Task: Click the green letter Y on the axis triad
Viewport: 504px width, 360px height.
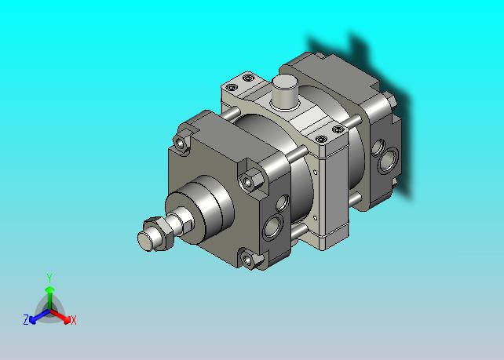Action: [x=49, y=278]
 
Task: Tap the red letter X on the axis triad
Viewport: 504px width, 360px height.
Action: [x=74, y=320]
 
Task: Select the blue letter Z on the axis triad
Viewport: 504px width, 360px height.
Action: [x=26, y=320]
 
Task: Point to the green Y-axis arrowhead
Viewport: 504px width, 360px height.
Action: [x=49, y=290]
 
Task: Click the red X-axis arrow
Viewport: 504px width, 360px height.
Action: [x=60, y=315]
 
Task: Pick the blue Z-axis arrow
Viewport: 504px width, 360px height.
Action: [x=39, y=316]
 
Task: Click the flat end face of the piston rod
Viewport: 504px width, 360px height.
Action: [x=145, y=241]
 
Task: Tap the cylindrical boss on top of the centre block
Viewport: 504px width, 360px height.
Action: [x=285, y=92]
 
